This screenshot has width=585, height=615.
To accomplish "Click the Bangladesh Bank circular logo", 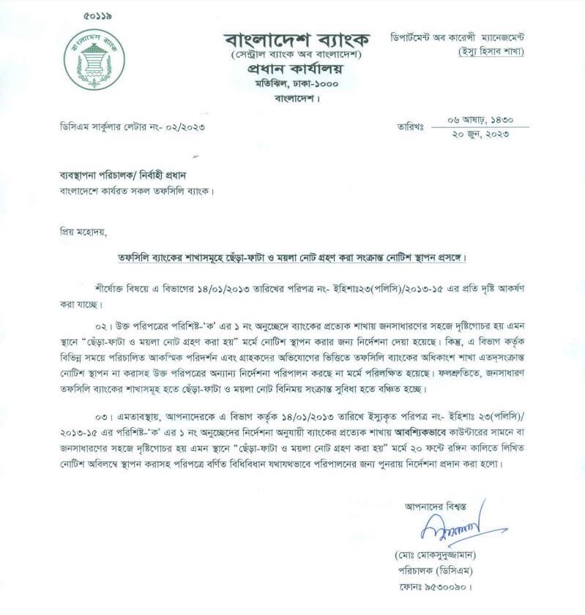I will (94, 60).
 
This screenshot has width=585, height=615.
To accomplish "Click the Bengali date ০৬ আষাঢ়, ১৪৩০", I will (479, 119).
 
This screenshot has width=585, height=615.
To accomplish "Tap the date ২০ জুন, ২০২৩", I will (479, 134).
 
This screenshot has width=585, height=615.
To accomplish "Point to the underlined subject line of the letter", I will (292, 259).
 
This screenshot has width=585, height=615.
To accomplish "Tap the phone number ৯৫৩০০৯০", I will (448, 586).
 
